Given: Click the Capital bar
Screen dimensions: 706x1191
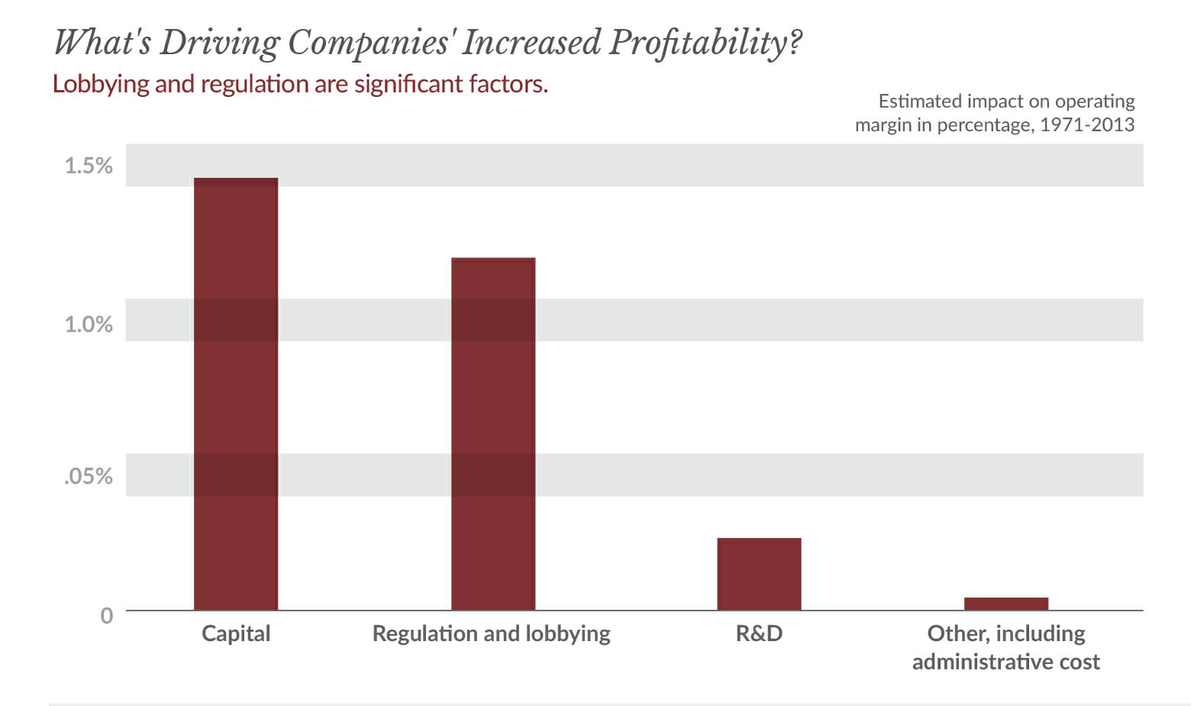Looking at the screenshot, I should (x=236, y=394).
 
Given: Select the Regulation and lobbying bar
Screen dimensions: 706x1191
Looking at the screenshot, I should (x=493, y=434).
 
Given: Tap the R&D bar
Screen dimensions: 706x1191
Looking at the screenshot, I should (x=759, y=574).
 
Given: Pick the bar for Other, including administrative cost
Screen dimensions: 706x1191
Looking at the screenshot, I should (x=1005, y=604).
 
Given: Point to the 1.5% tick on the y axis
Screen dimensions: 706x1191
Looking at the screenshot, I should (x=89, y=166).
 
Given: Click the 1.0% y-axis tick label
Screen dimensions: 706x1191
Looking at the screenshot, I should (x=89, y=324).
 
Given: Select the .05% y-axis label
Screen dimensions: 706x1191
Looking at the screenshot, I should (x=89, y=476).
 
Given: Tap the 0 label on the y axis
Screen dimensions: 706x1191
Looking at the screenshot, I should (x=107, y=615).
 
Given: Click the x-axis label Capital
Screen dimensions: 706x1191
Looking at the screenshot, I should (x=236, y=633).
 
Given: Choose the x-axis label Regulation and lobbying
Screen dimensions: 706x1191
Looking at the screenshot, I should (x=491, y=634).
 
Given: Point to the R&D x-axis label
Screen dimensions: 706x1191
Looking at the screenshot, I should (x=759, y=633).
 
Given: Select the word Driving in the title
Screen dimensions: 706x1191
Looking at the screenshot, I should (x=219, y=43).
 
